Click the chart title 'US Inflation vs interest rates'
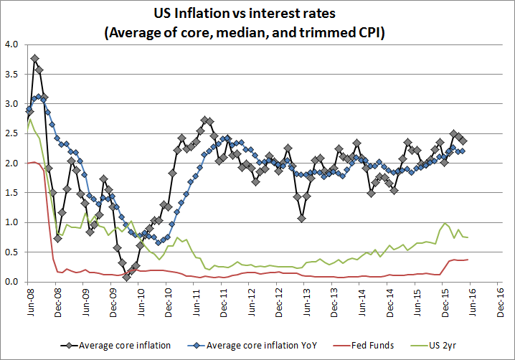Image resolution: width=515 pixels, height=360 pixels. [x=257, y=13]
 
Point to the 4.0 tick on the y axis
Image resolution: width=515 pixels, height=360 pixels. [x=11, y=44]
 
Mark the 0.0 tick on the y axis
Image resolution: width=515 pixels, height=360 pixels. [x=11, y=282]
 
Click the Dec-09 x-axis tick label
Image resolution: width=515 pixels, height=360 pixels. [x=113, y=304]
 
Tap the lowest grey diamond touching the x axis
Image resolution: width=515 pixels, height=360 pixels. [x=127, y=278]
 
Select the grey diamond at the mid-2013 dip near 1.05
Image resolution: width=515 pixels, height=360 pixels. [x=302, y=219]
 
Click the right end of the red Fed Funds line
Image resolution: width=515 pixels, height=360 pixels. [x=468, y=260]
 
